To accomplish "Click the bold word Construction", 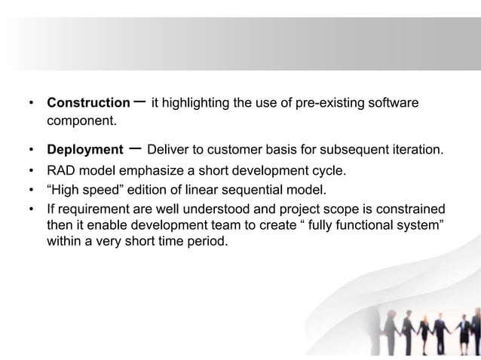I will click(88, 102).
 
